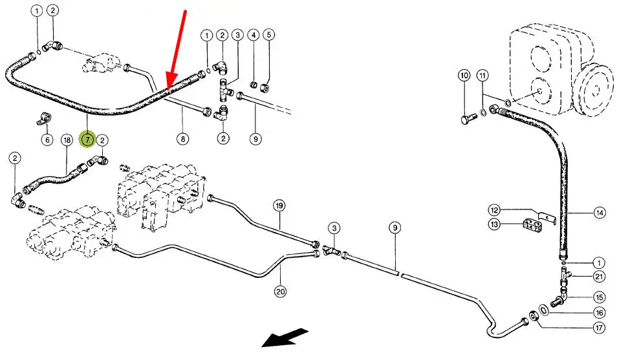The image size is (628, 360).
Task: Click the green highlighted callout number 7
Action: coord(87,138)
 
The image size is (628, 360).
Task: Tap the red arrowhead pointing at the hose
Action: coord(169,82)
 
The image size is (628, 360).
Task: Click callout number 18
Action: coord(67,140)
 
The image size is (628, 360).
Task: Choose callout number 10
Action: coord(464,76)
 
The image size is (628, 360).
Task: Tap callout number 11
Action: coord(483,76)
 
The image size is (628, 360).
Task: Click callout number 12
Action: coord(494,209)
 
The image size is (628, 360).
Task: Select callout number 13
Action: coord(494,224)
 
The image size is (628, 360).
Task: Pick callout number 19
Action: coord(279,206)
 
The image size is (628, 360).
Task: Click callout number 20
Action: coord(280,291)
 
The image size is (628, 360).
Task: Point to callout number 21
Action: coord(599,277)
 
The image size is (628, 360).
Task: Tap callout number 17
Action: coord(599,328)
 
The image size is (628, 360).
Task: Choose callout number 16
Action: coord(599,312)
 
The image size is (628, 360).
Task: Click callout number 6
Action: coord(47,140)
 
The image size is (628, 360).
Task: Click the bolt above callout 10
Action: coord(468,120)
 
